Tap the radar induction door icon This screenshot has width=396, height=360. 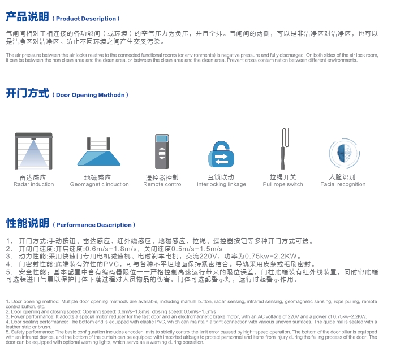click(x=34, y=150)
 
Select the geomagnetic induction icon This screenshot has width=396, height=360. click(x=99, y=151)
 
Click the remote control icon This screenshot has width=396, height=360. click(x=162, y=150)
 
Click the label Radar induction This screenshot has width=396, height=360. click(x=34, y=184)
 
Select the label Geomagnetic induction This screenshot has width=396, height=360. click(x=99, y=184)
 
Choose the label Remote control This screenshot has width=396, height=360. click(x=163, y=184)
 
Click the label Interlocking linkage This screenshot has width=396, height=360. click(x=221, y=184)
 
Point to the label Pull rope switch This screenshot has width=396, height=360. click(x=283, y=184)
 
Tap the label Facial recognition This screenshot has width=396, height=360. click(x=343, y=184)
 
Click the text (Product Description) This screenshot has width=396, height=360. click(x=88, y=19)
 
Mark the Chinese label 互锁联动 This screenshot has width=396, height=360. click(x=221, y=177)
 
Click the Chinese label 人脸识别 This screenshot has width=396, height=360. click(x=342, y=177)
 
